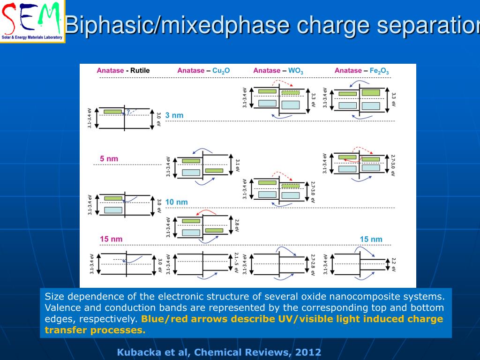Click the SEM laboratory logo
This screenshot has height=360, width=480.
pyautogui.click(x=32, y=21)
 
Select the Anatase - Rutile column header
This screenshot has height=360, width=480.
pyautogui.click(x=123, y=71)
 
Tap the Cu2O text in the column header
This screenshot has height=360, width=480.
pyautogui.click(x=221, y=71)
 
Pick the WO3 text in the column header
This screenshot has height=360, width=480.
pyautogui.click(x=295, y=71)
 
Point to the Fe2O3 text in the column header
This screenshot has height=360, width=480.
pyautogui.click(x=379, y=71)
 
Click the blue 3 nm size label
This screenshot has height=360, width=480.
pyautogui.click(x=174, y=115)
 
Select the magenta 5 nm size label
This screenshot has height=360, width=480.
pyautogui.click(x=109, y=159)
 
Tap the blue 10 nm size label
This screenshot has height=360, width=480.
pyautogui.click(x=176, y=202)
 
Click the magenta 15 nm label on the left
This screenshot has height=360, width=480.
pyautogui.click(x=111, y=239)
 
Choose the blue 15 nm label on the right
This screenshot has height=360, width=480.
pyautogui.click(x=371, y=239)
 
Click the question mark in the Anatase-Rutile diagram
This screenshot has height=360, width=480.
pyautogui.click(x=128, y=112)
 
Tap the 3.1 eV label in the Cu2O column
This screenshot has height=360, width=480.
pyautogui.click(x=237, y=165)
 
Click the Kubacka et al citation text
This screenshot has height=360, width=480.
pyautogui.click(x=219, y=352)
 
